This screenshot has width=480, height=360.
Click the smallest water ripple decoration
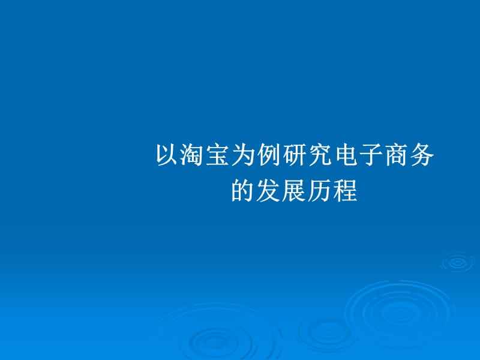click(x=457, y=262)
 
